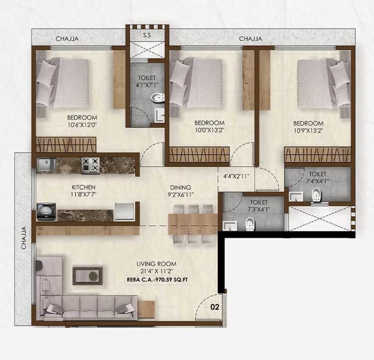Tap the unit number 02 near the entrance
[215, 307]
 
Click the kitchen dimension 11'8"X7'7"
[84, 195]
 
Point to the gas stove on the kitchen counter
[90, 165]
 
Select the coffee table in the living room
[88, 275]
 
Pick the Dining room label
[180, 187]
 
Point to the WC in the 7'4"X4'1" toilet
[316, 195]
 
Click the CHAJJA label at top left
[67, 39]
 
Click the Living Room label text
[157, 264]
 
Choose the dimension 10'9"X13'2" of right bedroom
[308, 131]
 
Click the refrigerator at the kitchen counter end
[125, 211]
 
